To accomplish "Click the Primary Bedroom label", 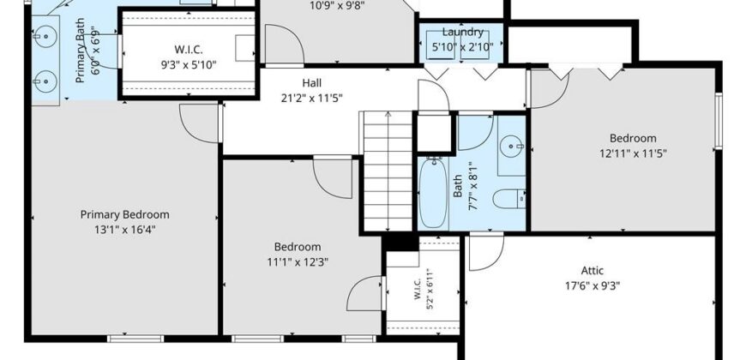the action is (124, 214).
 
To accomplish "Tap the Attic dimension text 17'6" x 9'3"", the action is (593, 285).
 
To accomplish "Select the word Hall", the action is (311, 83).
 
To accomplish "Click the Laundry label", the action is (463, 32).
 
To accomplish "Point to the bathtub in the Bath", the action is (433, 193).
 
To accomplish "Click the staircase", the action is (388, 171).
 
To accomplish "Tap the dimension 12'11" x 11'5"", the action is (633, 153).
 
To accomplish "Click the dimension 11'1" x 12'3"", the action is (298, 261).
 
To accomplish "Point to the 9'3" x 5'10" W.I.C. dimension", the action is (189, 64).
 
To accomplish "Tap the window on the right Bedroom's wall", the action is (719, 121).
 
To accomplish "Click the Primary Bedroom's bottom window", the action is (135, 339).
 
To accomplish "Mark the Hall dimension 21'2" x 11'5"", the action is (311, 99).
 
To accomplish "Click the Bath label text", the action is (458, 186).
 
